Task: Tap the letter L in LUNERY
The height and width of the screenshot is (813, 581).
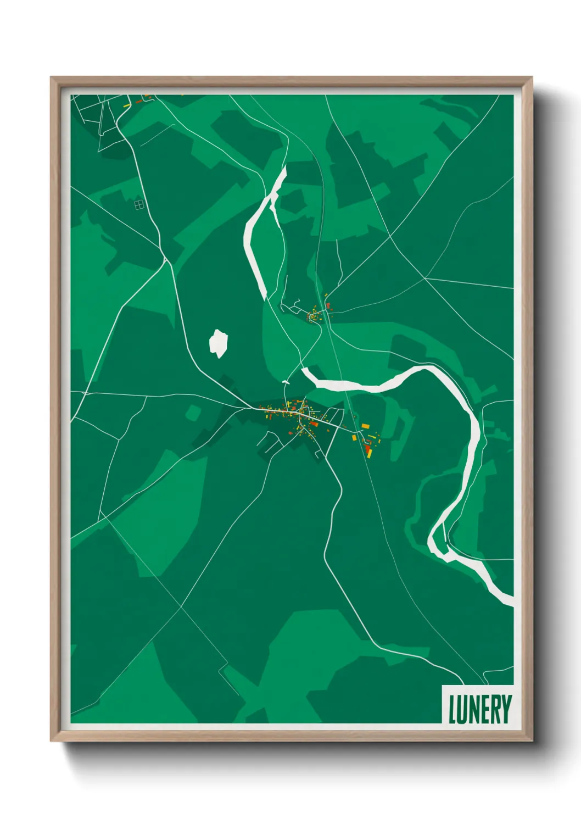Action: pos(453,709)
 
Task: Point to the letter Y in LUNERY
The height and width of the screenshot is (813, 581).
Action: pos(506,709)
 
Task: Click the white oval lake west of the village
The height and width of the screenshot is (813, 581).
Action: pos(219,343)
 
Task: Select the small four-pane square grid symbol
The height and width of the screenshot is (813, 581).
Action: pos(139,205)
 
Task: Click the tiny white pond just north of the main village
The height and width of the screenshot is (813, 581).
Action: pos(285,381)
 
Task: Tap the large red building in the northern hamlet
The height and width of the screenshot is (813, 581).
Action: pos(328,305)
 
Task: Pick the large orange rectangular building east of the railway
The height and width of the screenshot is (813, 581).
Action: pos(365,426)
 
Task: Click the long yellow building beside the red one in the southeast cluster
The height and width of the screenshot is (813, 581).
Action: pos(368,453)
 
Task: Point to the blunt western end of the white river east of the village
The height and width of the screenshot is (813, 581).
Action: pos(305,372)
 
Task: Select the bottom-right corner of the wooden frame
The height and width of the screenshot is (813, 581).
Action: pos(531,740)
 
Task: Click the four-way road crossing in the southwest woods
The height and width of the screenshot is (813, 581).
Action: pos(181,608)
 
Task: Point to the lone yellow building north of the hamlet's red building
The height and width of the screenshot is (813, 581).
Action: pos(326,297)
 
